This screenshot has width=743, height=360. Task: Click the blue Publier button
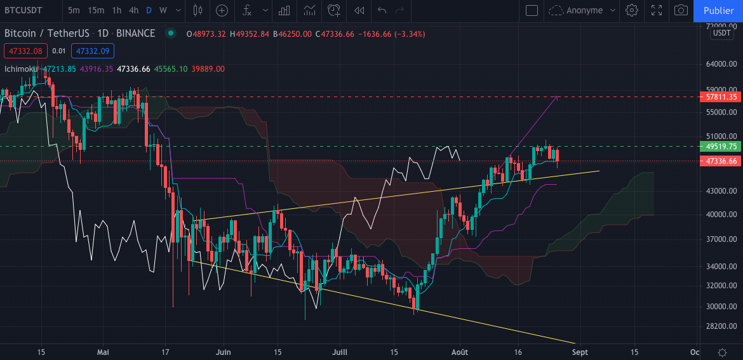point(719,10)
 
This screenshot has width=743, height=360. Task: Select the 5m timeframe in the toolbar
point(74,10)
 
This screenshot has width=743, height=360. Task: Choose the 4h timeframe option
point(133,10)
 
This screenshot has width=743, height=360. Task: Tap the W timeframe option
point(163,10)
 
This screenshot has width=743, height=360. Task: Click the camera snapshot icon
point(681,10)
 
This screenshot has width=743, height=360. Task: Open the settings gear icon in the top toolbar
point(631,10)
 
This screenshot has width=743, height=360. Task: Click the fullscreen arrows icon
point(657,10)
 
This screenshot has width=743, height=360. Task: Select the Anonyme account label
point(584,10)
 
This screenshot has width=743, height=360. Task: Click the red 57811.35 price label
point(721,97)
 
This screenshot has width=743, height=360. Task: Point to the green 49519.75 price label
point(721,146)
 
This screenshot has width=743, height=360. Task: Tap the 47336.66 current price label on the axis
point(721,161)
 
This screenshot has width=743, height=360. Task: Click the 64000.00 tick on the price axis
point(721,64)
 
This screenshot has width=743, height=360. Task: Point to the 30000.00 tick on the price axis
point(721,306)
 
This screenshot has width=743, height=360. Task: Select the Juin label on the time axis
point(223,352)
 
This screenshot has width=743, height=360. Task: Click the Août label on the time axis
point(459,352)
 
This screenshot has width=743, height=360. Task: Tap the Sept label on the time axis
point(579,352)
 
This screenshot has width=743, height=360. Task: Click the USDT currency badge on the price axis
point(722,33)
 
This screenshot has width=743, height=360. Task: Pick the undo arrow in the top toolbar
point(382,10)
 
